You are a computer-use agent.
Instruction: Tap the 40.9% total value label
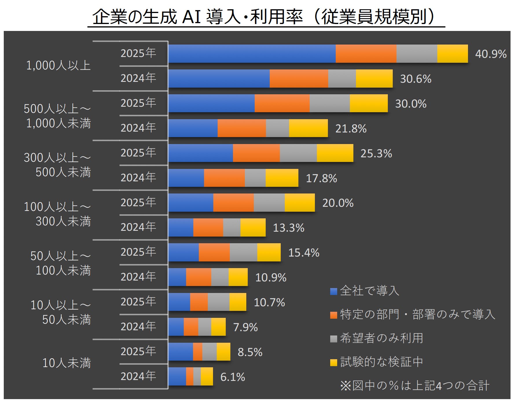(x=491, y=54)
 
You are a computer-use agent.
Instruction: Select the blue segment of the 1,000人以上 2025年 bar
(x=252, y=54)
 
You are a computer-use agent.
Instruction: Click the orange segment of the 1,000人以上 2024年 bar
(x=299, y=79)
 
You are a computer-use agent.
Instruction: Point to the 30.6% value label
(x=415, y=79)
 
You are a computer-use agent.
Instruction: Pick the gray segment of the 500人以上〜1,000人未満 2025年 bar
(x=329, y=104)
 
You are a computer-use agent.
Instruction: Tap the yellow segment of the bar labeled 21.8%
(x=308, y=128)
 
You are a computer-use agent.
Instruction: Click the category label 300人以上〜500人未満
(x=57, y=165)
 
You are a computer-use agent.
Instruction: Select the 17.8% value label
(x=321, y=178)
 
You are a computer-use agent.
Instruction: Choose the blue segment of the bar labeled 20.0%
(x=191, y=203)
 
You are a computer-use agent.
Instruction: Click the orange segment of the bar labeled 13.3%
(x=208, y=228)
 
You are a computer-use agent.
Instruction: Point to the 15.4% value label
(x=304, y=253)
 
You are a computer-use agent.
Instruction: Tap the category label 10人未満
(x=67, y=363)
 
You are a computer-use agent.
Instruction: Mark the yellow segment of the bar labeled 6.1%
(x=207, y=377)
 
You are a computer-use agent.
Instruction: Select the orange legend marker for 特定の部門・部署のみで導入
(x=334, y=315)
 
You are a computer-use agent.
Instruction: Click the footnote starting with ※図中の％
(x=415, y=386)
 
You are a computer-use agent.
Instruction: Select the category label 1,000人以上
(x=58, y=66)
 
